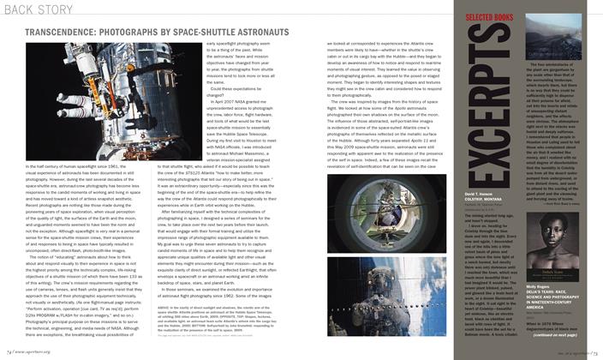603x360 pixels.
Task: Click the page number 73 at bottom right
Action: point(594,351)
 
